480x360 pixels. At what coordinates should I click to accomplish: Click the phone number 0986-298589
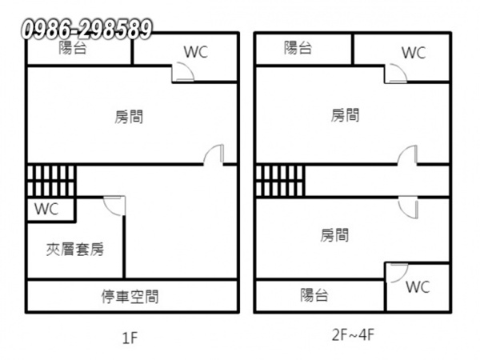(86, 30)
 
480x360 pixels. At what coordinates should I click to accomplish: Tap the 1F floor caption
(130, 338)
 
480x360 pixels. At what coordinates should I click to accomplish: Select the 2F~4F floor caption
(353, 334)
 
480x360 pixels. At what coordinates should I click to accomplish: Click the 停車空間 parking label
(130, 296)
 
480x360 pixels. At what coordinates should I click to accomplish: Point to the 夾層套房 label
(75, 250)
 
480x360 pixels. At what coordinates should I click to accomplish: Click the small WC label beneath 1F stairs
(46, 209)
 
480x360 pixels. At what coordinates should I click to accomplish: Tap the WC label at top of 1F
(196, 52)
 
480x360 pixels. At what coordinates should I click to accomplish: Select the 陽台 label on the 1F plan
(73, 48)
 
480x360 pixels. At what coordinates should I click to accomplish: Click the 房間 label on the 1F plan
(129, 117)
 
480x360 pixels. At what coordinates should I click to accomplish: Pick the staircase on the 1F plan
(51, 181)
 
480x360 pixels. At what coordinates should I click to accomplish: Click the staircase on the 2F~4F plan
(280, 181)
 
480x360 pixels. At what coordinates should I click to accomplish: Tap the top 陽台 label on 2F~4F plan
(298, 48)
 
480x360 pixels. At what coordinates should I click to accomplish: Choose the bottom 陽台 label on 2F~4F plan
(314, 295)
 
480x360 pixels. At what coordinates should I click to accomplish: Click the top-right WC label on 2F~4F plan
(414, 53)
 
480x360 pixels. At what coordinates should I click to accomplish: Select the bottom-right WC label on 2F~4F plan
(418, 287)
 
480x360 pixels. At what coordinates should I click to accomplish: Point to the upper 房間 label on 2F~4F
(345, 115)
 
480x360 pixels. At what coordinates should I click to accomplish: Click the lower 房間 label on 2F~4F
(334, 235)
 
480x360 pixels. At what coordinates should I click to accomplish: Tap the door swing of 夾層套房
(114, 206)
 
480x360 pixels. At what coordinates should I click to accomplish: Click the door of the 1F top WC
(183, 72)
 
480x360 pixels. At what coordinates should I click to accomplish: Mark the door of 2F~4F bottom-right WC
(398, 273)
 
